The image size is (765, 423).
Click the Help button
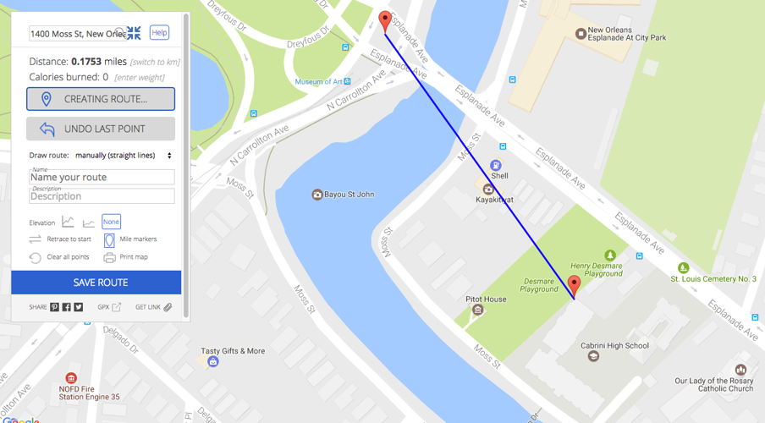[x=159, y=32]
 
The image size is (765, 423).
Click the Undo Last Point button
[x=101, y=129]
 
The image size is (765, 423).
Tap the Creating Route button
[x=101, y=99]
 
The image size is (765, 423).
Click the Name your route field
[x=102, y=178]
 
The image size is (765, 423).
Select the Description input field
[x=102, y=196]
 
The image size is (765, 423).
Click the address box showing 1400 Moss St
[x=76, y=34]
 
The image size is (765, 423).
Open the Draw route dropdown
[x=124, y=156]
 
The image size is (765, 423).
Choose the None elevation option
[x=111, y=222]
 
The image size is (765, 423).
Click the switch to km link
[x=155, y=62]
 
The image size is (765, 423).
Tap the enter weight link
[x=140, y=78]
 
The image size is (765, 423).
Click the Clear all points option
[x=68, y=257]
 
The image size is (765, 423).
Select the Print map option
[x=133, y=257]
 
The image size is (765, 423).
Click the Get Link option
[x=153, y=307]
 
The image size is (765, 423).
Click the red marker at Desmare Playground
[x=574, y=286]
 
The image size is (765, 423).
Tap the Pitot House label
[x=486, y=299]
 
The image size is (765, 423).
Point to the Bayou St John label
[x=349, y=195]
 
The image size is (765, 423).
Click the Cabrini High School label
[x=614, y=345]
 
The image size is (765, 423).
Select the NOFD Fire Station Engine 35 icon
[x=71, y=378]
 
